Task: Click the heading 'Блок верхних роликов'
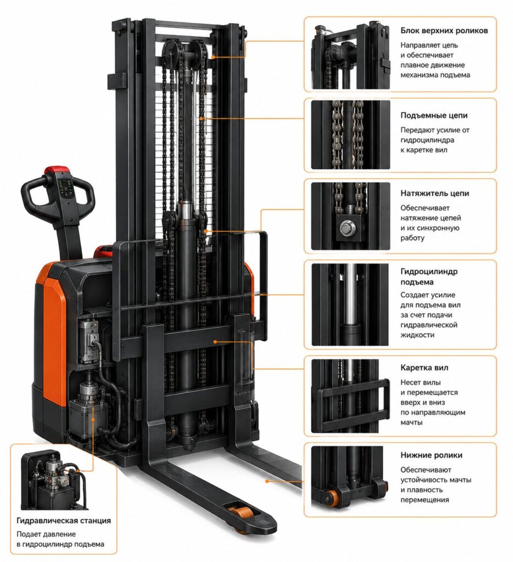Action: pyautogui.click(x=444, y=31)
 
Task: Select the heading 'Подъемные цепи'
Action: pyautogui.click(x=434, y=115)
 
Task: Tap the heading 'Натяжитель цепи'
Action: pyautogui.click(x=435, y=193)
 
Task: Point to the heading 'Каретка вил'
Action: pyautogui.click(x=425, y=368)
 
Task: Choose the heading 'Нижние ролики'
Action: pyautogui.click(x=431, y=455)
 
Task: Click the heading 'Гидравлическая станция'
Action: pyautogui.click(x=64, y=520)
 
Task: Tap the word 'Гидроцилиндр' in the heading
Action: pyautogui.click(x=429, y=272)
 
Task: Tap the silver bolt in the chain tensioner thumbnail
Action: pyautogui.click(x=347, y=227)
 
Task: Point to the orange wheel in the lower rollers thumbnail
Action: pyautogui.click(x=332, y=498)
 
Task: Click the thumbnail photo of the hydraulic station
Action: pyautogui.click(x=55, y=480)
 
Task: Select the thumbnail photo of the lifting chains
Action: pyautogui.click(x=350, y=134)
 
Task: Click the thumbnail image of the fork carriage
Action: pyautogui.click(x=350, y=396)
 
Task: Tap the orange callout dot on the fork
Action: pyautogui.click(x=267, y=481)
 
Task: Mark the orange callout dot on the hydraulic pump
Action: pyautogui.click(x=93, y=419)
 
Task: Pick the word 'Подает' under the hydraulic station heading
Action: pyautogui.click(x=29, y=535)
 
